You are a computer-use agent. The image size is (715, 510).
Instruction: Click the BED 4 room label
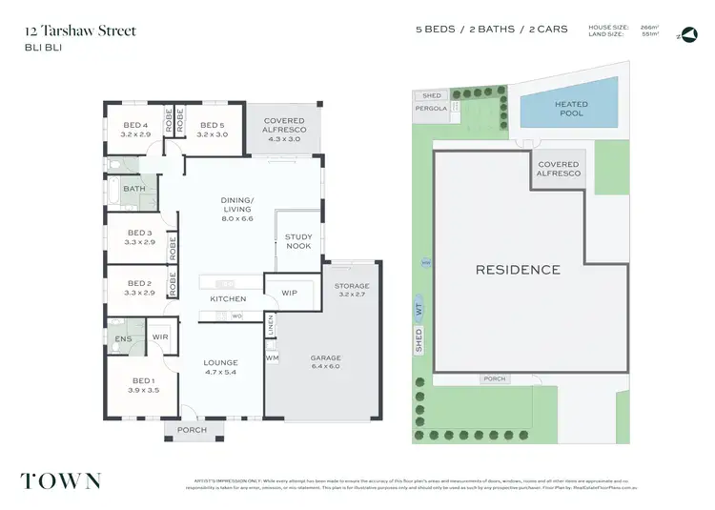tap(136, 130)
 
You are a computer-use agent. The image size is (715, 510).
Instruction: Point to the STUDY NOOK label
tap(299, 241)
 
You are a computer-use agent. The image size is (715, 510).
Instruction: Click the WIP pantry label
tap(290, 293)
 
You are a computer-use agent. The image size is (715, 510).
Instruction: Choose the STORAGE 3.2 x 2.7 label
tap(352, 290)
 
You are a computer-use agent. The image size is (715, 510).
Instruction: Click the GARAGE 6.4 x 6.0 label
tap(325, 363)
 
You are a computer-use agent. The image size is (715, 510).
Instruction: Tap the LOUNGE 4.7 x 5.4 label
tap(220, 367)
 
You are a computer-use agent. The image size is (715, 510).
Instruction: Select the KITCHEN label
tap(228, 299)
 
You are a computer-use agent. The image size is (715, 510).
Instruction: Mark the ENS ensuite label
tap(124, 337)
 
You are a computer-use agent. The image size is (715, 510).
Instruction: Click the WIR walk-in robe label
tap(159, 337)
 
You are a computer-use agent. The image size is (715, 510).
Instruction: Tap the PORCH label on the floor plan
tap(194, 430)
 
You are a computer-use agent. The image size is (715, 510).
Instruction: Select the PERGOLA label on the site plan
tap(430, 109)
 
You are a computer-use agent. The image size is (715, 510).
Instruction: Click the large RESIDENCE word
tap(518, 270)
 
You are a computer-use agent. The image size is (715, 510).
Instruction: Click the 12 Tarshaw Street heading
tap(80, 31)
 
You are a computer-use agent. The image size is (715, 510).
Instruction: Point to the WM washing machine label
tap(272, 357)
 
